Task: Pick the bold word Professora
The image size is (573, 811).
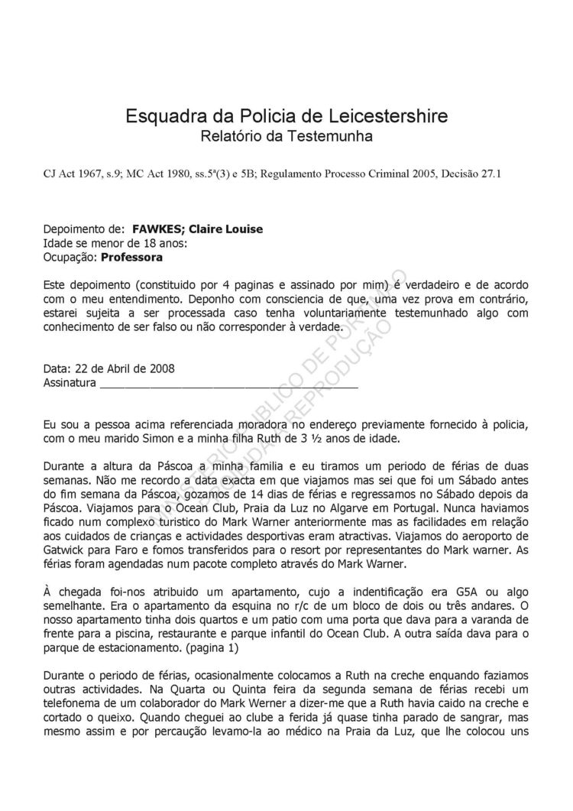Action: click(131, 258)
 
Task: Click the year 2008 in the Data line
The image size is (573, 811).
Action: click(161, 368)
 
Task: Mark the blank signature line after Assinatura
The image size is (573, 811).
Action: click(229, 384)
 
